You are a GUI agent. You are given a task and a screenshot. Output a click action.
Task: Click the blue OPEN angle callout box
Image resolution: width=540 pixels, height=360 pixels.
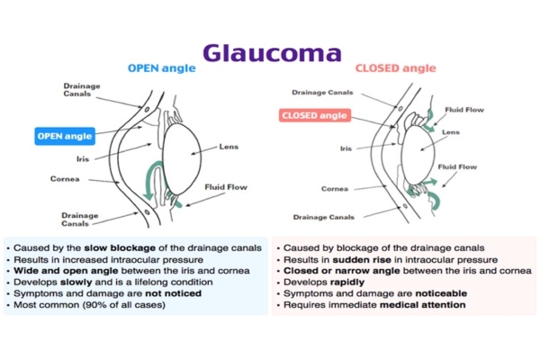tap(66, 136)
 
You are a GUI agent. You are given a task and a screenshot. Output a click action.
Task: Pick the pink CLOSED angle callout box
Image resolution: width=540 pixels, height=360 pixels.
tap(315, 116)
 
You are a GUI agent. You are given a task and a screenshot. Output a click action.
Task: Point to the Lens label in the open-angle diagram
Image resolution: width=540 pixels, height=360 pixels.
tap(229, 147)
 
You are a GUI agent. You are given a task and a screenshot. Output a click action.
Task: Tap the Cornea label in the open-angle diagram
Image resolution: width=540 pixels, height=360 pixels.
tap(67, 178)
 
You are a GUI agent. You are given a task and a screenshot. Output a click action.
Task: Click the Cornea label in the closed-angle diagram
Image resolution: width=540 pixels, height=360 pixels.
tap(336, 188)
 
